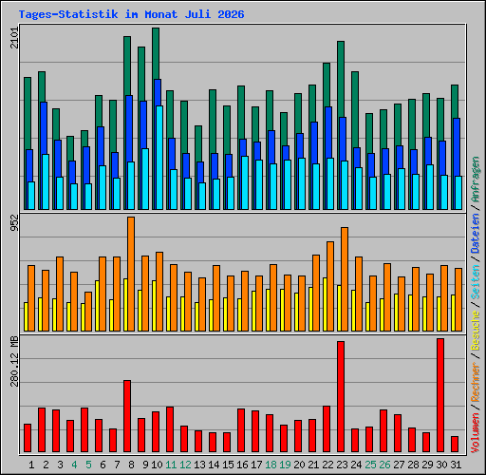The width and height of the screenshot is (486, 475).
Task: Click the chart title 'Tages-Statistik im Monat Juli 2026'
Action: coord(131,14)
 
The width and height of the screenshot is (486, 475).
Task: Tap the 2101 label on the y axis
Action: coord(14,38)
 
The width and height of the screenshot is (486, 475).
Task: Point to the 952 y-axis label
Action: coord(14,222)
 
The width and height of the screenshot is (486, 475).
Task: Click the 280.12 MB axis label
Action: coord(14,362)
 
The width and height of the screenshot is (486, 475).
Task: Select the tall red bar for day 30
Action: coord(440,395)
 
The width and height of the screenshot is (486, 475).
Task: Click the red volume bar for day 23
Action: coord(341,396)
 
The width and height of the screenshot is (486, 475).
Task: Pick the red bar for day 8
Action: coord(127,416)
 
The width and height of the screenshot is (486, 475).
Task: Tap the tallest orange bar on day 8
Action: coord(131,274)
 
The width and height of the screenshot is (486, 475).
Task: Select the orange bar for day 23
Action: coord(345,279)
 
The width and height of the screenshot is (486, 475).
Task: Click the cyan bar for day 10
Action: coord(159,158)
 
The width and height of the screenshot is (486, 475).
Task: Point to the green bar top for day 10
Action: coord(156,29)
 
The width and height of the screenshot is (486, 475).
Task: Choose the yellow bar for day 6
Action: coord(97,306)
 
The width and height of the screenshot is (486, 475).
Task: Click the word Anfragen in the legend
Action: coord(476,180)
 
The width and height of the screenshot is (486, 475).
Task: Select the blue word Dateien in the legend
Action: coord(476,234)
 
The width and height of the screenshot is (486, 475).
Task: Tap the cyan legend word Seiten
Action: coord(476,282)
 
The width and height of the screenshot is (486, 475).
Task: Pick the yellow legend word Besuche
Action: coord(476,330)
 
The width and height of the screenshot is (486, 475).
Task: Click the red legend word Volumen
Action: coord(476,433)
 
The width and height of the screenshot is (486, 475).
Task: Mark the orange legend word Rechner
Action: coord(476,383)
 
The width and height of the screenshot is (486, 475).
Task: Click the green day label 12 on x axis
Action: coord(185,465)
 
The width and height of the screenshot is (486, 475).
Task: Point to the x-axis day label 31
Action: coord(456,465)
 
